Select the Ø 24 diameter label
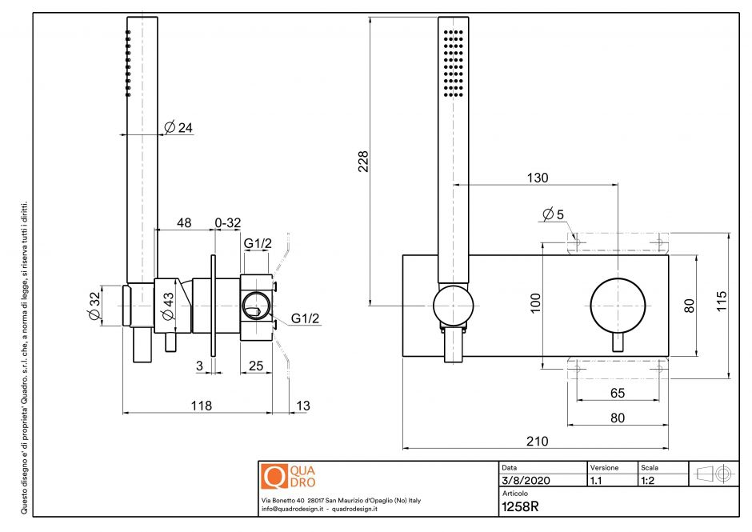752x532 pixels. pos(178,127)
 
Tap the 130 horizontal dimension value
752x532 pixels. pos(538,178)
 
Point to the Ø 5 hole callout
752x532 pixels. pos(553,214)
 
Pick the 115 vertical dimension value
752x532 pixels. pos(722,304)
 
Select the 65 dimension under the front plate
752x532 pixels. pos(617,393)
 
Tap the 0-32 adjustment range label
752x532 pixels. pos(228,223)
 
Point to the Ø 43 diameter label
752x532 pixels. pos(168,306)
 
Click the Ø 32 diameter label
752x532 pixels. pos(95,306)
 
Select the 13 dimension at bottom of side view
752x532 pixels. pos(302,406)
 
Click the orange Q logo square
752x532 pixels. pos(274,477)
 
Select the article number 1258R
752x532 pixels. pos(520,506)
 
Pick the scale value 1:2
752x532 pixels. pos(650,481)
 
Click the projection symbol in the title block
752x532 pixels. pos(713,474)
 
